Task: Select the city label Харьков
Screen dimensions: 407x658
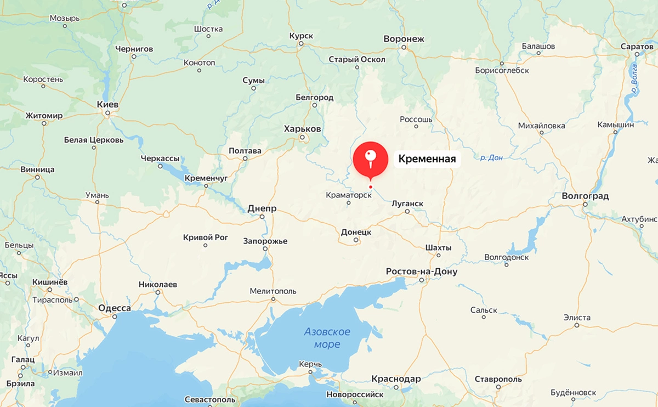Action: point(302,128)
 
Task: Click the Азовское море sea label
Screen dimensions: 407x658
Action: point(327,338)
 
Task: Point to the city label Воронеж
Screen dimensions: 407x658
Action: point(404,39)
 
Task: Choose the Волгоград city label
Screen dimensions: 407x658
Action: point(585,196)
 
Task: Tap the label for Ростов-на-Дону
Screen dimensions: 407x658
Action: point(421,272)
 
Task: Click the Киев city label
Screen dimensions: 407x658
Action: point(107,104)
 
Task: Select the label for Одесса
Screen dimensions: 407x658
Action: point(115,308)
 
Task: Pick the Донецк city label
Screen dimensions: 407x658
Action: point(356,232)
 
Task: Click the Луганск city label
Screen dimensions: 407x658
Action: point(407,203)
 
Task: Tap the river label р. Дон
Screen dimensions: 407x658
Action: point(491,157)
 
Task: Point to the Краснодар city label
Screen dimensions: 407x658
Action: point(396,379)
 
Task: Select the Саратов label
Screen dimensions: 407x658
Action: point(637,47)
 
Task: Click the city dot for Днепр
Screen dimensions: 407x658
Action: point(262,217)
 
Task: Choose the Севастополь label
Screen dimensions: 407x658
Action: point(210,399)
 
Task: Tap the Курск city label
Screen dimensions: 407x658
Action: point(301,36)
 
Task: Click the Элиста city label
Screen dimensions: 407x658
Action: point(577,318)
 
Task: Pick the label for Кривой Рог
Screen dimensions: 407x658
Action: point(205,238)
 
